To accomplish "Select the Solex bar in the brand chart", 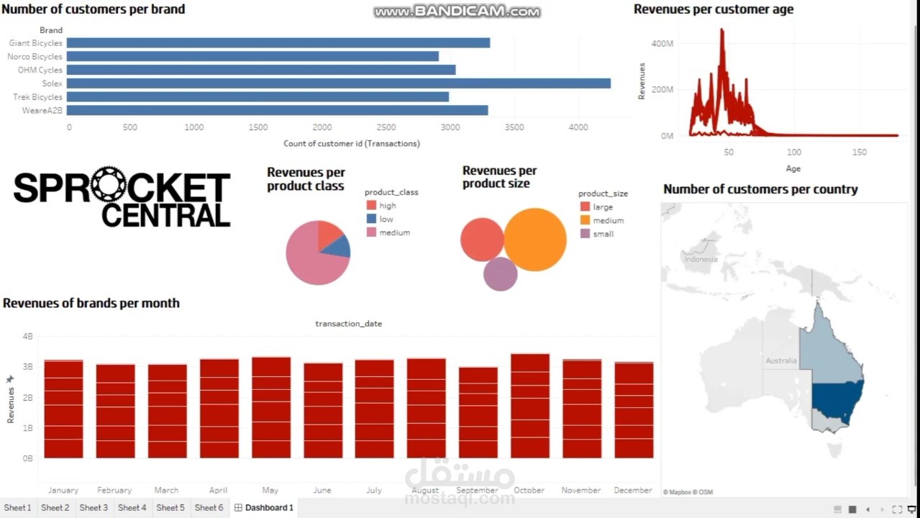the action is tap(338, 83).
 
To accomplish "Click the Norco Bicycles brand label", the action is tap(35, 56).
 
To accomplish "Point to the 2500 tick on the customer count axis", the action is tap(386, 127).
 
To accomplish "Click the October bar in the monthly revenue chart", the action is tap(530, 406).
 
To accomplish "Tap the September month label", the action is tap(477, 490).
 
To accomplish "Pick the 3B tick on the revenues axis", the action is tap(27, 366).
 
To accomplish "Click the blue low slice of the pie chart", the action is tap(337, 247).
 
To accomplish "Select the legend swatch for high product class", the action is tap(371, 205).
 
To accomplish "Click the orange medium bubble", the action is tap(535, 240).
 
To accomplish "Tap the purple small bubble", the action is tap(500, 274).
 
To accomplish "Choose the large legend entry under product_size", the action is tap(597, 206).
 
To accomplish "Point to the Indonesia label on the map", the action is tap(701, 259).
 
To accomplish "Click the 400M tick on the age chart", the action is tap(662, 44).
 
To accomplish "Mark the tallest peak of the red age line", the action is tap(721, 29).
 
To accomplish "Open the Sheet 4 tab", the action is tap(132, 508).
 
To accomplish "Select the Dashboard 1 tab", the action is tap(264, 508).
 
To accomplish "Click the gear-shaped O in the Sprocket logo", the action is tap(109, 184).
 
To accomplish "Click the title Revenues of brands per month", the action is tap(91, 303).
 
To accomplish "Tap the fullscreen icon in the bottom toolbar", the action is tap(897, 509).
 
